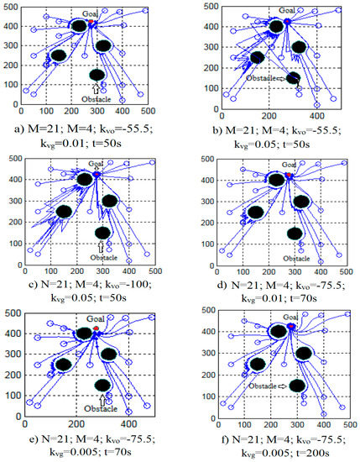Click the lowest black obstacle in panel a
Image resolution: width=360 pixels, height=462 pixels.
tap(97, 75)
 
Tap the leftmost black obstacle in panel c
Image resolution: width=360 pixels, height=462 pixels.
tap(64, 212)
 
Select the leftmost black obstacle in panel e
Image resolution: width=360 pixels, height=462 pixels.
tap(62, 365)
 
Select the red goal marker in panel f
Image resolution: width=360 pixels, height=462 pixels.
tap(291, 325)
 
